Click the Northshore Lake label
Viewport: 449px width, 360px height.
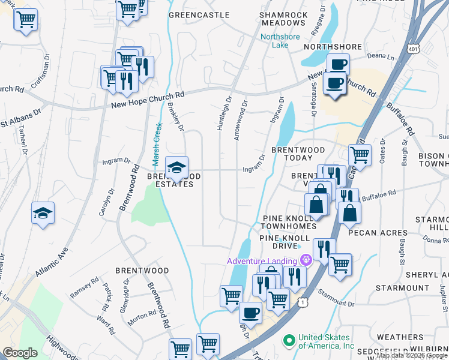274,41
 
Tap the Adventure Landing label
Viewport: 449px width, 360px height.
262,260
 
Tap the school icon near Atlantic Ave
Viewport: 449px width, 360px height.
43,213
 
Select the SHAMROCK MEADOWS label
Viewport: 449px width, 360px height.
283,19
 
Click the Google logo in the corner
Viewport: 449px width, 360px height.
20,352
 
